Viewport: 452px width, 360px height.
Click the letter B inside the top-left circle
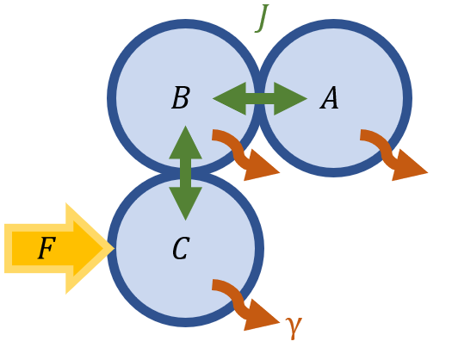[180, 99]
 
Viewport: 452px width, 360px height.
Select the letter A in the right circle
[330, 99]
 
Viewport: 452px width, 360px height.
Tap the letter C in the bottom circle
[180, 250]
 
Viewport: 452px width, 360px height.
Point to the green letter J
[263, 17]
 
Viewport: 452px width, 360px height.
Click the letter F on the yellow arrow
[46, 250]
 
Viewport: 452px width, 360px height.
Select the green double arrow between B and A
[259, 99]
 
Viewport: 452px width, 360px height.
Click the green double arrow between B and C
[185, 172]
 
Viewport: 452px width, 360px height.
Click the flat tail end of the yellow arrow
[9, 249]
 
